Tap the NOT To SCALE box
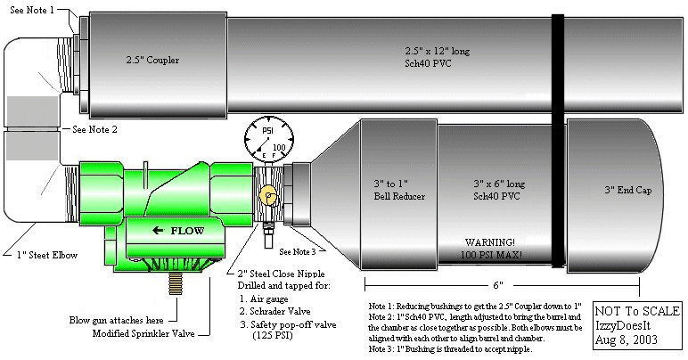[x=637, y=326]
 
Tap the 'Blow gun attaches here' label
[x=120, y=319]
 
